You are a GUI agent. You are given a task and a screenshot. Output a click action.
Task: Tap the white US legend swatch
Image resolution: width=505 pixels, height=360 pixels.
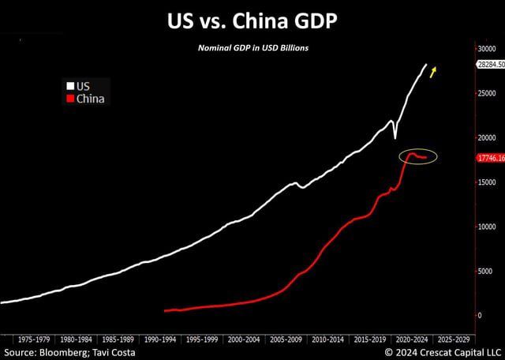coord(69,85)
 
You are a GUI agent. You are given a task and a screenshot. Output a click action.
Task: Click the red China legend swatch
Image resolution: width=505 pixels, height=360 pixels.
coord(69,99)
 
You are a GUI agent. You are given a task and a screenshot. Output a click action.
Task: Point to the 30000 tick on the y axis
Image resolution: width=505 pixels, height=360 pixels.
coord(487,49)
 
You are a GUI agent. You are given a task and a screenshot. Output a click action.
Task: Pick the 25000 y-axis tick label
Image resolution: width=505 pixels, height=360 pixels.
coord(487,93)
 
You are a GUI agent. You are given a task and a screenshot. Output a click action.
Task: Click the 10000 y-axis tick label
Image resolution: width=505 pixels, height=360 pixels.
coord(487,227)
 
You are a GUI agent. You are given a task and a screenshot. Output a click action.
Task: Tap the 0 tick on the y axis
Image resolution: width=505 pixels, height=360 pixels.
coord(479,315)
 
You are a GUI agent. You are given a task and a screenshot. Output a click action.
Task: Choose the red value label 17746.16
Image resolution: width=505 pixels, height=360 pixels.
coord(490,158)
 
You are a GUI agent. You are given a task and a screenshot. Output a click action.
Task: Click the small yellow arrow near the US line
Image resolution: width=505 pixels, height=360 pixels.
coord(433,73)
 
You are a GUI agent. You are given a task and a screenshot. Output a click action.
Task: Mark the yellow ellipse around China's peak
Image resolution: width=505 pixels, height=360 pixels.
coord(417,156)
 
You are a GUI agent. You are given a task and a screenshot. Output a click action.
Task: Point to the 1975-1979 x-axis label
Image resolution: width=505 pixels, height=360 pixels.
coord(35,336)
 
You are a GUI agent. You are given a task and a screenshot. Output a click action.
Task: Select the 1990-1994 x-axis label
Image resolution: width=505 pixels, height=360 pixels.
coord(159,336)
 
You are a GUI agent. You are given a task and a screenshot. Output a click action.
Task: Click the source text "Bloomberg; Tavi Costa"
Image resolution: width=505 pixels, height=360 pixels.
coord(92,351)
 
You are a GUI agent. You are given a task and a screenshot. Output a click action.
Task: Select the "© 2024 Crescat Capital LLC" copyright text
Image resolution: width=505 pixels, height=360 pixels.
coord(443,351)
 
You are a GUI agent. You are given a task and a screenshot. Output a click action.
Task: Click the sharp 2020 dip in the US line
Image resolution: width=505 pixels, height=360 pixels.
coord(395,137)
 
